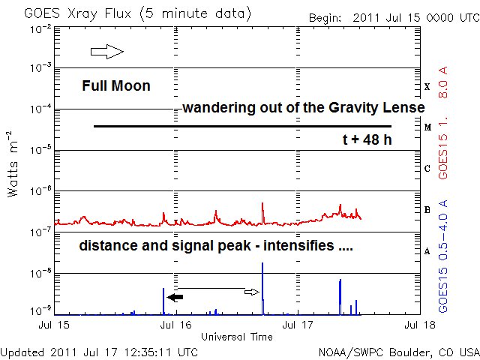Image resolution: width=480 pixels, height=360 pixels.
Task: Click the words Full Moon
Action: click(116, 86)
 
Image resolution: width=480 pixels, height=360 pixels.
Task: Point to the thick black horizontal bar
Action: click(242, 126)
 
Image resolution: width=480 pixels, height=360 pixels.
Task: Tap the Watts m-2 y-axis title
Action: click(13, 163)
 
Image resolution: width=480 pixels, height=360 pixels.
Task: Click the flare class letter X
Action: click(427, 87)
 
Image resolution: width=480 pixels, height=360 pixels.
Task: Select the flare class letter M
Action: click(427, 127)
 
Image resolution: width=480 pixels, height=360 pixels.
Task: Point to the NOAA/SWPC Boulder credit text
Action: click(398, 351)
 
